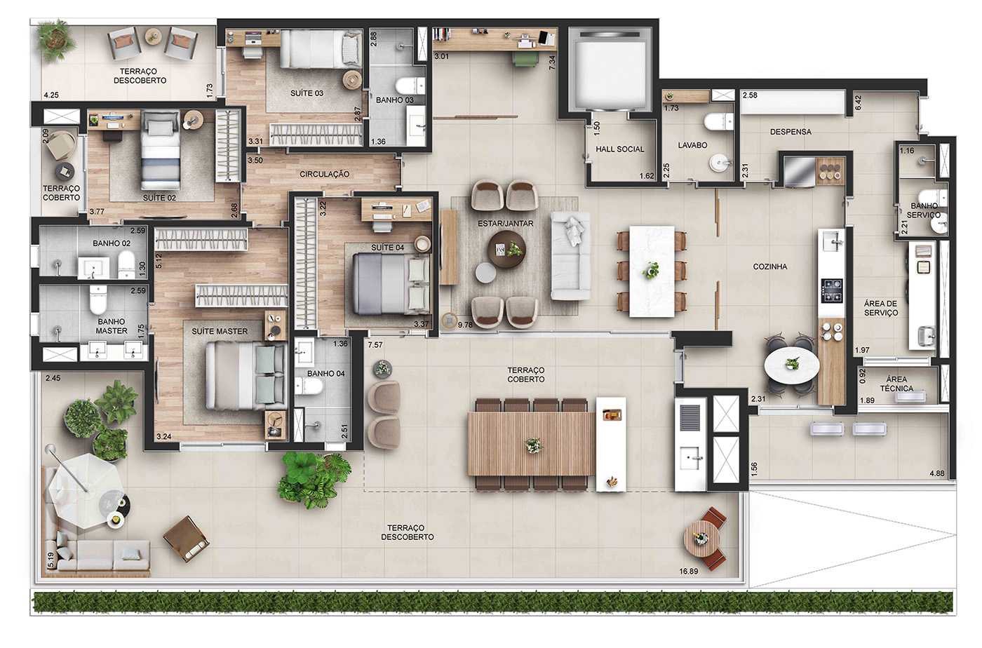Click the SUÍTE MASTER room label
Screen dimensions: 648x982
[x=220, y=331]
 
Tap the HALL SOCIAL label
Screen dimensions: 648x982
[x=619, y=149]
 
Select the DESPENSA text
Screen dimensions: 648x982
[x=791, y=132]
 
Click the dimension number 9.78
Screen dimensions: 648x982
[x=464, y=325]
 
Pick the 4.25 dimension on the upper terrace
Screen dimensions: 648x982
[x=51, y=95]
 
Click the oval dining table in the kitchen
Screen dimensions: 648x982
[x=791, y=365]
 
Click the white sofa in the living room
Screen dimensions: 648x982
[x=570, y=255]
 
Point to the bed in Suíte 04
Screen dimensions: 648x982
[x=390, y=283]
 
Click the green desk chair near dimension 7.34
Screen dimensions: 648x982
[x=525, y=60]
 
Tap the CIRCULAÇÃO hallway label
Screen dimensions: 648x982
[x=324, y=174]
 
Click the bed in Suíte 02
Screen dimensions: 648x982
[x=161, y=156]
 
